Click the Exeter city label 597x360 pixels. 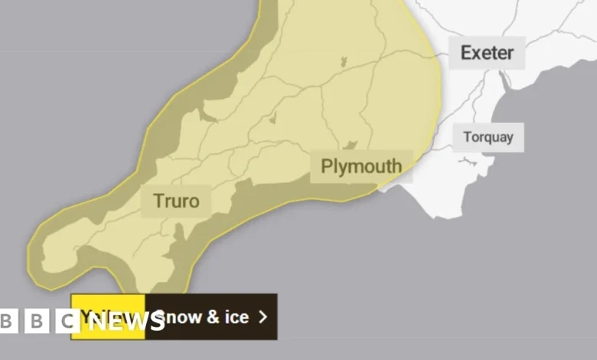487,54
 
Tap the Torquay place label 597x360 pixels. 488,139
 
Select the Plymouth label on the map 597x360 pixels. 360,166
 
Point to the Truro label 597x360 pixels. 176,201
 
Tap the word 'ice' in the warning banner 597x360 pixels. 235,316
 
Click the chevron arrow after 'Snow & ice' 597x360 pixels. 263,316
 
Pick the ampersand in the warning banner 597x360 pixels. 212,316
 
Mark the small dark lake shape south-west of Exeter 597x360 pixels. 343,60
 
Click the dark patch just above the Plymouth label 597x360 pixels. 351,145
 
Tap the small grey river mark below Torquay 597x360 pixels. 466,162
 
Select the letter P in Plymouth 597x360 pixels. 327,166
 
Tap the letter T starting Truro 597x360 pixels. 158,201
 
